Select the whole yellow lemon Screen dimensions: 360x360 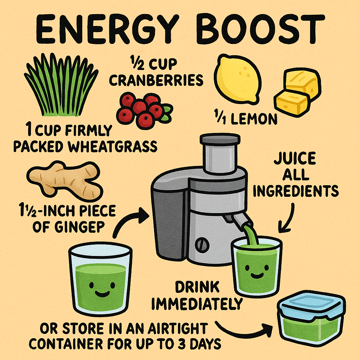pos(238,78)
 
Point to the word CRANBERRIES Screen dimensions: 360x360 pos(156,80)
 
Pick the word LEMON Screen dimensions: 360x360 pos(254,119)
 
